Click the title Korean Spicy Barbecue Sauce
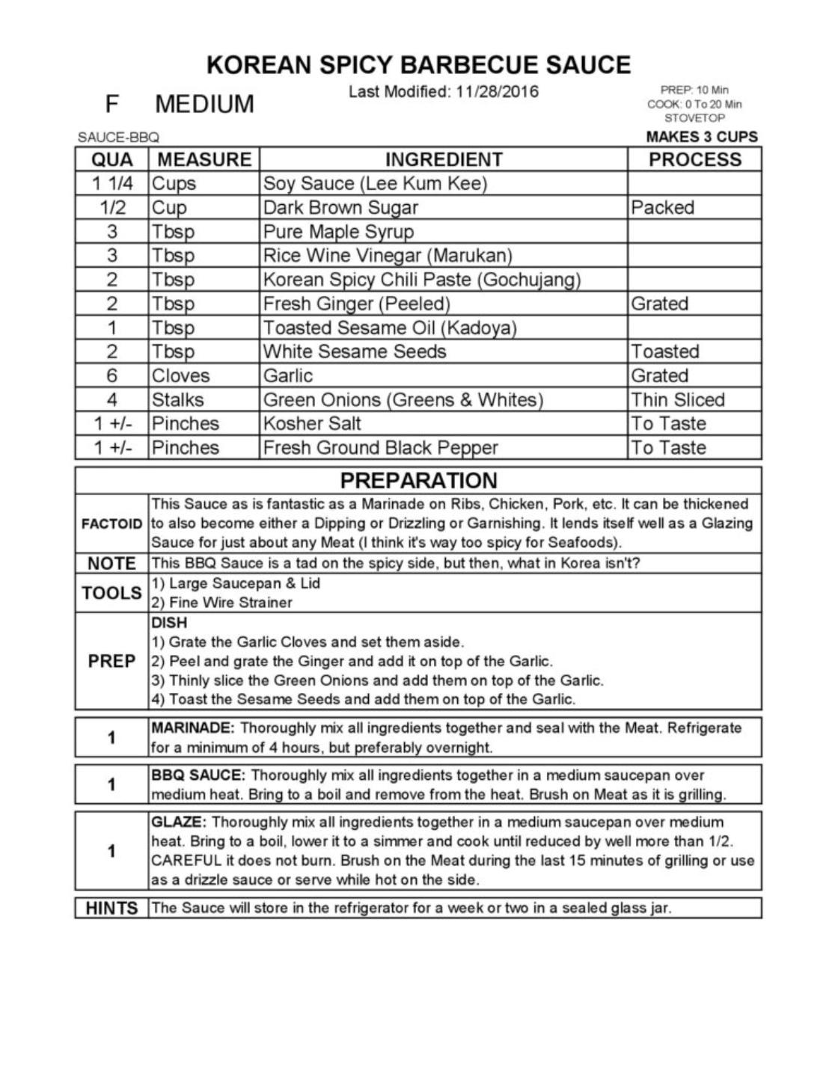pos(418,65)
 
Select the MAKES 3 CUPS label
pos(701,137)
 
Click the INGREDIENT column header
pos(444,159)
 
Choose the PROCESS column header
pos(694,159)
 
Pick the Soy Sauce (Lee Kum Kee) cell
pos(375,183)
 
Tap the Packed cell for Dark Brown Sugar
pos(662,207)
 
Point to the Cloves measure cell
pos(180,375)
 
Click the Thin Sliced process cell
pos(678,399)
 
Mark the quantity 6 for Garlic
pos(112,375)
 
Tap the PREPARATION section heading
pos(418,480)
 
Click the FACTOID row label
pos(111,523)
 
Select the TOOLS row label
pos(111,593)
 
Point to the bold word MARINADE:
pos(193,728)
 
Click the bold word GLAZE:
pos(179,822)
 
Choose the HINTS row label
pos(111,908)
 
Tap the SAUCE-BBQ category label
pos(118,138)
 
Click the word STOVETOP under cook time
pos(694,118)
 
